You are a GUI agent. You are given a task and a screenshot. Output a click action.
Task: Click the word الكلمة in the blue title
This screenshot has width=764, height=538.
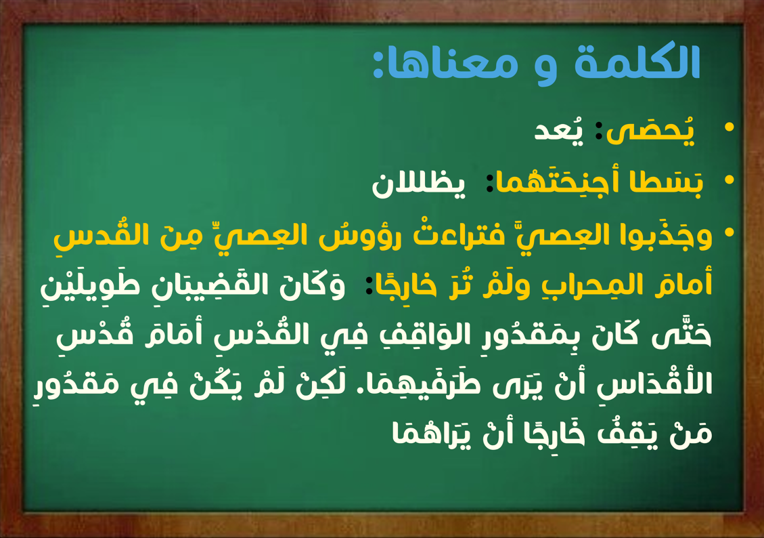coord(637,62)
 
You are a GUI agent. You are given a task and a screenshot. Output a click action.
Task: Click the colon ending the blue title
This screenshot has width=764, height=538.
coord(378,66)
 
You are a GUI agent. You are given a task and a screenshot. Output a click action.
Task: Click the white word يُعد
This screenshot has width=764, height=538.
coord(559,129)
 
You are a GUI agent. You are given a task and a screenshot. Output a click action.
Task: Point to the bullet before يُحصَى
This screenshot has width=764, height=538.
coord(729,127)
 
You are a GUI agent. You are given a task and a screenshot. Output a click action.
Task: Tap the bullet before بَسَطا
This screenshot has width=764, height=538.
coord(729,180)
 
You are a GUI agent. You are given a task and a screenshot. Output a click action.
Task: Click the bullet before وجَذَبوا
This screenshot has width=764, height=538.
coord(729,232)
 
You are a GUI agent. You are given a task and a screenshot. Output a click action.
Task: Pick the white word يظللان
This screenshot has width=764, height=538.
coord(419,184)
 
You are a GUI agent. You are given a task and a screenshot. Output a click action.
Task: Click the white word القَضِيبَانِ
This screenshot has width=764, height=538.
coord(213,285)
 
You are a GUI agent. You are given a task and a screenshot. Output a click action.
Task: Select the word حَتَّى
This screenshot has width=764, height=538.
coord(681,335)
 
